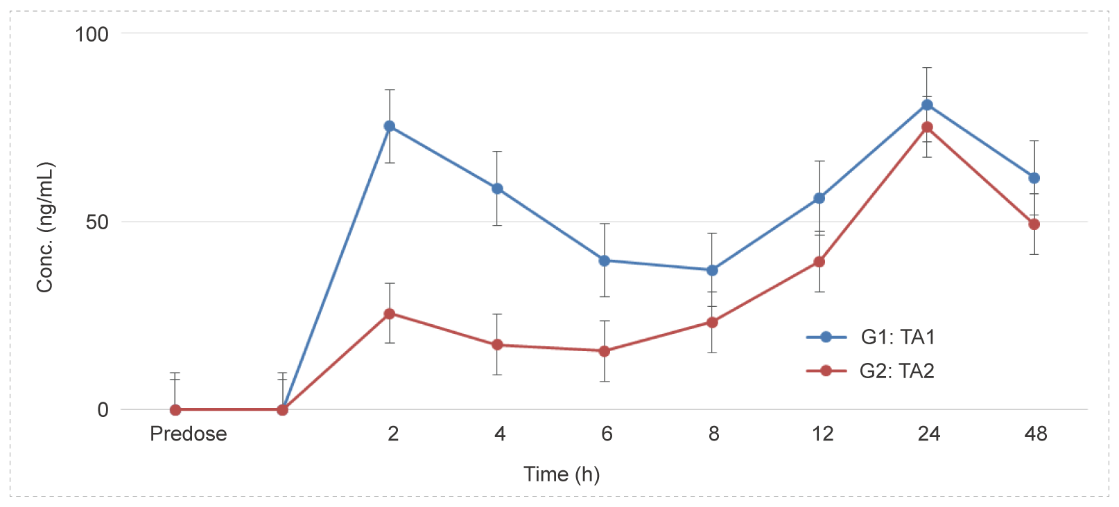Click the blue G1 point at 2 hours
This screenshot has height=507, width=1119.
[x=390, y=126]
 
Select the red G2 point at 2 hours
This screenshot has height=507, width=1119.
[x=390, y=314]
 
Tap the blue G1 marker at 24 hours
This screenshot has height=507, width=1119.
[x=927, y=105]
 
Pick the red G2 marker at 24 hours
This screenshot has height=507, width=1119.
[x=927, y=127]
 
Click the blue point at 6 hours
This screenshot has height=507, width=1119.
[x=605, y=260]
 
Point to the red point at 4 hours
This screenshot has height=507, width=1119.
[x=497, y=345]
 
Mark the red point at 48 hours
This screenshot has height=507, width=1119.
[x=1034, y=224]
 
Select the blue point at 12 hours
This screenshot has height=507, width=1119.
[x=819, y=198]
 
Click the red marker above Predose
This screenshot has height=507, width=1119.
[x=175, y=410]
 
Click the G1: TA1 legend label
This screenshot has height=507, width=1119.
[x=898, y=337]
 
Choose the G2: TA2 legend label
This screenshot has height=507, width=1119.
[x=897, y=371]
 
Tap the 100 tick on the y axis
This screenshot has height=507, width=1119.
[x=92, y=34]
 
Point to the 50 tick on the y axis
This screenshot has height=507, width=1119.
[x=98, y=222]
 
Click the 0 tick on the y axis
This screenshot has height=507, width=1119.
[x=103, y=410]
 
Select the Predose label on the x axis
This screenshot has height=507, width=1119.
[x=189, y=434]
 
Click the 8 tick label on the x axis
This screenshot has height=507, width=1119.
[x=713, y=434]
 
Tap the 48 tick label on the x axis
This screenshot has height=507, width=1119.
[x=1035, y=434]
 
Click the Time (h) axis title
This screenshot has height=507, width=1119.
[x=562, y=474]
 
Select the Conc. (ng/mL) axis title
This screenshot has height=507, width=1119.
[x=45, y=227]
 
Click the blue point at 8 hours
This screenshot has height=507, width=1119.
[x=712, y=270]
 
